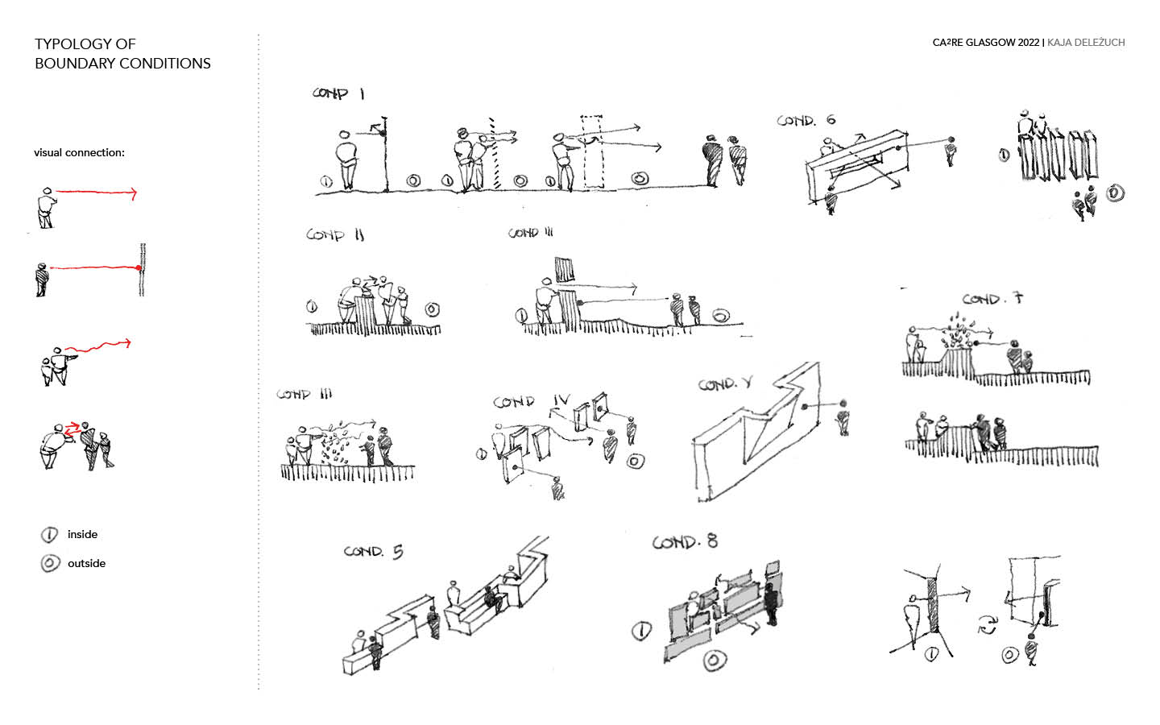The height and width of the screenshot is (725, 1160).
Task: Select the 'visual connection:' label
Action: (x=79, y=152)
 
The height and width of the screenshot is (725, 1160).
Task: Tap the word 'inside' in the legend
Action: (x=82, y=534)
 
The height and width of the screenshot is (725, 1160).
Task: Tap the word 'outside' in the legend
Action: (x=86, y=563)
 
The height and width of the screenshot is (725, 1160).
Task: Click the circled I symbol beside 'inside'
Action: (x=50, y=535)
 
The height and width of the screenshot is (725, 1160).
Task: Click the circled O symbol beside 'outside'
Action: (x=50, y=563)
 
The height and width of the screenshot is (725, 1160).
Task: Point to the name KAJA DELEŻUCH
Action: (x=1086, y=43)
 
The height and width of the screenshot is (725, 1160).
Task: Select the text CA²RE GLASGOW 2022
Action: (x=986, y=43)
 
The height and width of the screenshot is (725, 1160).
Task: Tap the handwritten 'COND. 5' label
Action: (x=373, y=552)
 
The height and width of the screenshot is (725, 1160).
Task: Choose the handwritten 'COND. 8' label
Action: (x=685, y=542)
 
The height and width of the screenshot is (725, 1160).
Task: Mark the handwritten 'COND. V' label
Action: (x=725, y=384)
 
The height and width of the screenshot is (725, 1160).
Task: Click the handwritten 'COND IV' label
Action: (x=532, y=401)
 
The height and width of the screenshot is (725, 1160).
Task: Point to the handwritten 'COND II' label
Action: (x=335, y=235)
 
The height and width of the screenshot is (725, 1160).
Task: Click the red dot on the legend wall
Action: (x=139, y=267)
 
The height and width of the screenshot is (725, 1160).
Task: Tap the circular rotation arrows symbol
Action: (x=987, y=624)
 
